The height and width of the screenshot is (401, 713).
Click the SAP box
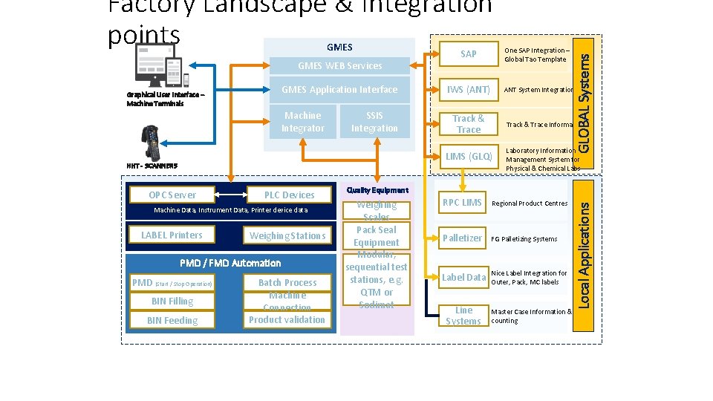[468, 54]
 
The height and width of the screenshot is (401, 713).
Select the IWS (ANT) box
[468, 90]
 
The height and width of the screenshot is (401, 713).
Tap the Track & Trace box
[468, 124]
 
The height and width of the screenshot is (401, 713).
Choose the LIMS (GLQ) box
[468, 157]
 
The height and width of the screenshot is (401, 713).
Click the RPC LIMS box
[462, 203]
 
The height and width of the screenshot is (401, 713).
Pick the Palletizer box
[462, 238]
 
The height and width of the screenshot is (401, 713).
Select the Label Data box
[463, 277]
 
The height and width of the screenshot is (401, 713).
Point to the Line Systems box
[463, 316]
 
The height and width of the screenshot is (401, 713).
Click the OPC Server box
[172, 195]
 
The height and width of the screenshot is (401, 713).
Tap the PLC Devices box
[289, 195]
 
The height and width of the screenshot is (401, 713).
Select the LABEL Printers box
[172, 235]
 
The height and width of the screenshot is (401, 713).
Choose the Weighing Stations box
[287, 235]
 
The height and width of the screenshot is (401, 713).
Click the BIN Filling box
[172, 301]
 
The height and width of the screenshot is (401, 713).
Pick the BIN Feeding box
[172, 320]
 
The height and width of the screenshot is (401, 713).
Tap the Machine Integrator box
[302, 122]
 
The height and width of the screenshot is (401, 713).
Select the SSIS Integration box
[374, 122]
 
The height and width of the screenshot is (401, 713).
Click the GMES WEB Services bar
[339, 66]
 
